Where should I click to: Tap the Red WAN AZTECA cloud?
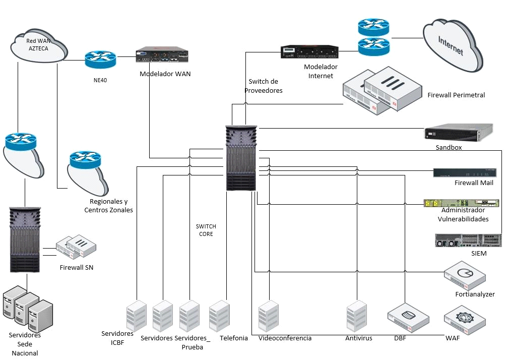[x=38, y=45]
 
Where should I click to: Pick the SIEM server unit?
[x=468, y=240]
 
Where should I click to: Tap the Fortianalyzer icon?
[x=465, y=275]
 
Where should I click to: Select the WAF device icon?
[x=465, y=321]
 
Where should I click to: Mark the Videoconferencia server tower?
[x=269, y=316]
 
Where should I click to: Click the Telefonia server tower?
[x=220, y=316]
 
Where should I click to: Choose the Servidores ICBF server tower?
[x=136, y=316]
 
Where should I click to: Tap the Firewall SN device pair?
[x=76, y=246]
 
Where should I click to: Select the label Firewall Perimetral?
[x=456, y=95]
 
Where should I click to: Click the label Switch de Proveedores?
[x=264, y=86]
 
